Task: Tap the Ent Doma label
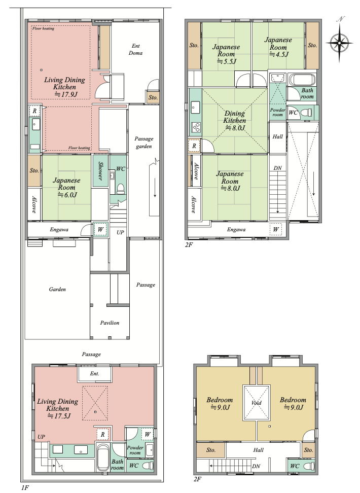[x=135, y=49]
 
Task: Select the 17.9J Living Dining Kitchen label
[x=64, y=87]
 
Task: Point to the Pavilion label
[x=110, y=323]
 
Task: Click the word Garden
[x=57, y=289]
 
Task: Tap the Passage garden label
[x=143, y=143]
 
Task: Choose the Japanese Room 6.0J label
[x=66, y=187]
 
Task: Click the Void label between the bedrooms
[x=256, y=403]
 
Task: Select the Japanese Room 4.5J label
[x=278, y=47]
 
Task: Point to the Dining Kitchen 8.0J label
[x=235, y=120]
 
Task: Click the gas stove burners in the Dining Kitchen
[x=196, y=127]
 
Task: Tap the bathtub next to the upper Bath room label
[x=302, y=80]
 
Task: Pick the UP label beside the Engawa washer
[x=120, y=232]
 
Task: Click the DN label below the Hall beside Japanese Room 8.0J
[x=278, y=168]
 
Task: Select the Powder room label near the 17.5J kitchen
[x=135, y=450]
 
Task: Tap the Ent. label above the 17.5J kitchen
[x=95, y=373]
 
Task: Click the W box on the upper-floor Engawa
[x=276, y=230]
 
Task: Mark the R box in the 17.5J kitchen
[x=102, y=435]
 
